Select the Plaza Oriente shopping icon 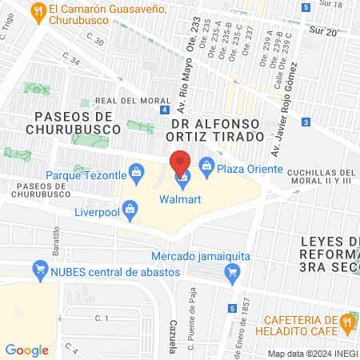[206, 166]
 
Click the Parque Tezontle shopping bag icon [136, 171]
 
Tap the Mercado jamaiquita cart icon [232, 273]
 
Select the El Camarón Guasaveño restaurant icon [36, 10]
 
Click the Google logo [26, 350]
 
